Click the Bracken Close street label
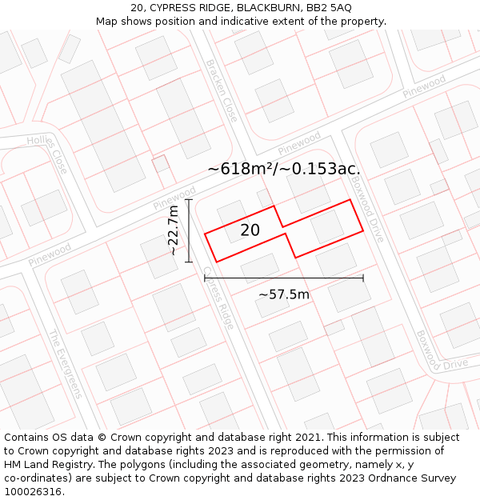222,90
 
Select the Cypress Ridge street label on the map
218,298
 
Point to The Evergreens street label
66,364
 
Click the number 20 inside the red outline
250,230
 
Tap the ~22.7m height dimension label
173,230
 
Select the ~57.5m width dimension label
283,294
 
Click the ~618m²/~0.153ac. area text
283,169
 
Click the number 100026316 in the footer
34,492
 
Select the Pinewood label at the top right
424,86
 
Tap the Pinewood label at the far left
50,255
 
